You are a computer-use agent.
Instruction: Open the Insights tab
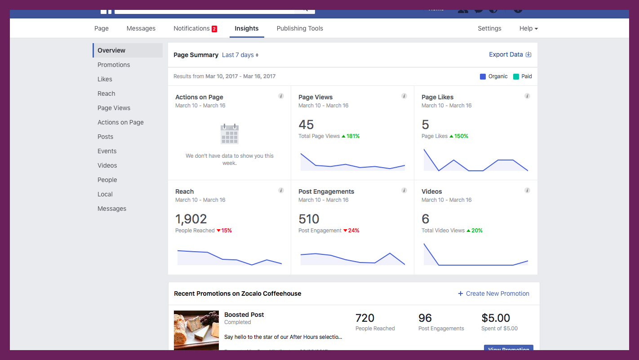click(246, 28)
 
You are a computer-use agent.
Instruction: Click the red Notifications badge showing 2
click(214, 29)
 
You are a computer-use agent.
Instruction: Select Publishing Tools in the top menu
click(300, 28)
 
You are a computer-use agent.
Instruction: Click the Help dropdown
click(528, 28)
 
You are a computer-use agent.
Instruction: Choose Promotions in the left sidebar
click(114, 65)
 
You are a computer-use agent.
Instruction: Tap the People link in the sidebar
click(107, 180)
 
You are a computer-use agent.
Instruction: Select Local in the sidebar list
click(105, 194)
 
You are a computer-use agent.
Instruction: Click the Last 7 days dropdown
click(240, 55)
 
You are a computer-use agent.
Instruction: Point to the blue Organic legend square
click(483, 76)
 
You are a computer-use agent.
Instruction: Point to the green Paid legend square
click(516, 76)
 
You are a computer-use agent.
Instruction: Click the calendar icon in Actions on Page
click(230, 134)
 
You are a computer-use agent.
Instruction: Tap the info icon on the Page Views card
click(404, 96)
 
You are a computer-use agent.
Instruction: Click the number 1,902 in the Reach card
click(191, 219)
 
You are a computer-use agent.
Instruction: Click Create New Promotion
click(493, 293)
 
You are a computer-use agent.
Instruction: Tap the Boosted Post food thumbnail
click(196, 330)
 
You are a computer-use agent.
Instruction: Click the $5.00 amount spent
click(496, 318)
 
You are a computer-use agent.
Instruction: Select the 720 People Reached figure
click(365, 318)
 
